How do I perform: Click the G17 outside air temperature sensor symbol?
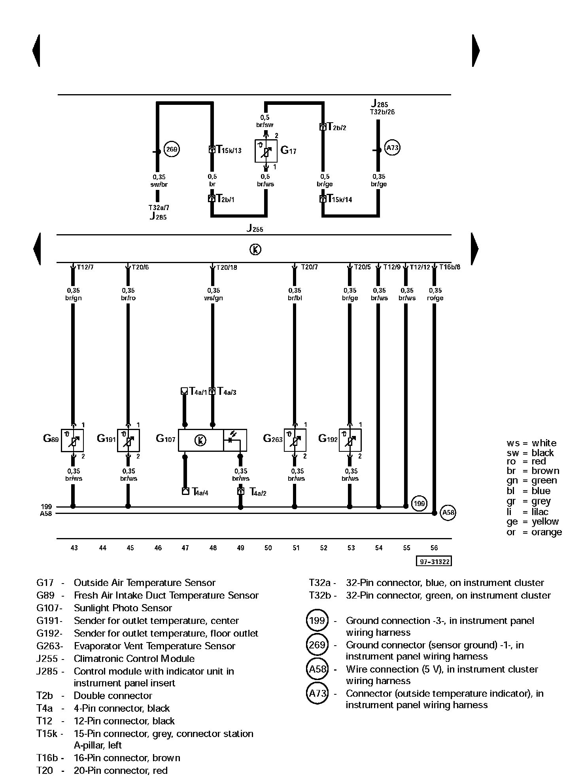click(x=266, y=151)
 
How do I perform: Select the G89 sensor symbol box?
click(x=72, y=440)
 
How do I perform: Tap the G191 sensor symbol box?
click(x=128, y=440)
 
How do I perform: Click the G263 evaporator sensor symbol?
click(x=295, y=440)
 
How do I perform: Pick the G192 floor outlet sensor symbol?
click(x=350, y=440)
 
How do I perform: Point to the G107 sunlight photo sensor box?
click(x=212, y=440)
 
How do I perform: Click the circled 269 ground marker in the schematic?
click(x=172, y=150)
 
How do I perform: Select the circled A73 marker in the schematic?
click(x=392, y=148)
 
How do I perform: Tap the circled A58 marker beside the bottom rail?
click(x=448, y=513)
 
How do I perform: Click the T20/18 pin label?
click(x=227, y=267)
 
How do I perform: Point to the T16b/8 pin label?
click(x=450, y=267)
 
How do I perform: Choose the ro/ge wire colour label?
click(x=435, y=298)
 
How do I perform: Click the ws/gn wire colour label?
click(x=214, y=298)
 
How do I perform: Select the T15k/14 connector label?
click(x=339, y=199)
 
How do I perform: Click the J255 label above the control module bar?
click(x=255, y=228)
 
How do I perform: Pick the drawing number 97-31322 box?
click(x=434, y=561)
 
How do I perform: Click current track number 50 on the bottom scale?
click(x=268, y=548)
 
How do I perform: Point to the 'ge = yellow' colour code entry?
click(x=533, y=521)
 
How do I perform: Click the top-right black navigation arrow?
click(x=476, y=51)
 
